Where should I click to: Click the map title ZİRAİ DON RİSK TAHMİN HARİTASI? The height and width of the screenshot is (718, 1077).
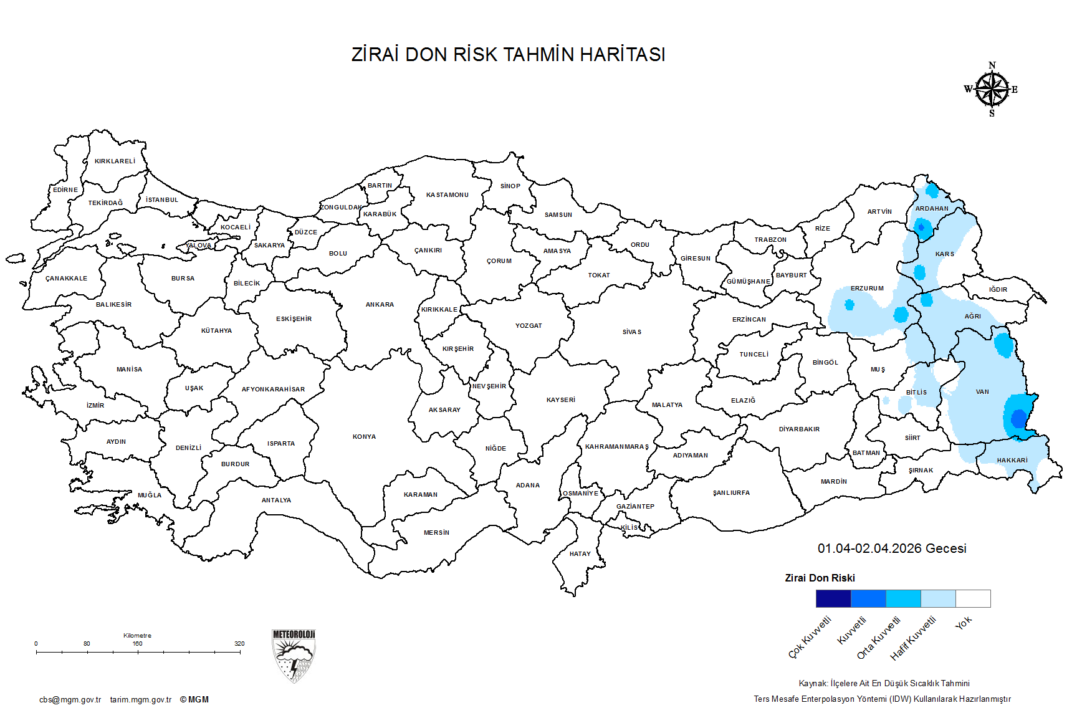pyautogui.click(x=508, y=55)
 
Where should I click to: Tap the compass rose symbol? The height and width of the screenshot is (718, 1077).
pyautogui.click(x=992, y=90)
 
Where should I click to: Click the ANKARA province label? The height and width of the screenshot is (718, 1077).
pyautogui.click(x=380, y=305)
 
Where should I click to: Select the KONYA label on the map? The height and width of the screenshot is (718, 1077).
pyautogui.click(x=364, y=437)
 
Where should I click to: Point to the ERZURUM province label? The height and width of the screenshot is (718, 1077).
pyautogui.click(x=867, y=289)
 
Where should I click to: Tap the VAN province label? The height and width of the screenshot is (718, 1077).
pyautogui.click(x=982, y=392)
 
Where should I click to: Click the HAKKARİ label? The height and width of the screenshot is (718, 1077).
pyautogui.click(x=1012, y=461)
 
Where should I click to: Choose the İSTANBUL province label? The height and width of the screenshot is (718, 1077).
pyautogui.click(x=162, y=200)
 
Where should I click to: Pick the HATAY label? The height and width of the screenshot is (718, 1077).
pyautogui.click(x=580, y=554)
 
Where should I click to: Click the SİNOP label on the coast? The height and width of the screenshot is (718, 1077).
pyautogui.click(x=510, y=186)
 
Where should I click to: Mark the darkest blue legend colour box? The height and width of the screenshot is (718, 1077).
pyautogui.click(x=833, y=599)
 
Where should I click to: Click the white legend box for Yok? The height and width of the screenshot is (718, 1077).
pyautogui.click(x=973, y=599)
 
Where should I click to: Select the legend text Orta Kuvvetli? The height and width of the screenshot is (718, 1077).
pyautogui.click(x=879, y=638)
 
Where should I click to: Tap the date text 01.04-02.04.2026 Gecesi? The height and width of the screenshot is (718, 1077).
pyautogui.click(x=892, y=548)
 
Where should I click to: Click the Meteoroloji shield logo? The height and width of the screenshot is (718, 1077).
pyautogui.click(x=294, y=656)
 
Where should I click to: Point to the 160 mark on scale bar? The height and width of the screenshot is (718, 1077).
pyautogui.click(x=138, y=644)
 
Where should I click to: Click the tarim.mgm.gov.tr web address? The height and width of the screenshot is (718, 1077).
pyautogui.click(x=141, y=700)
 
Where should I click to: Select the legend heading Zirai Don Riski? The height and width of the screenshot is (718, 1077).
pyautogui.click(x=820, y=578)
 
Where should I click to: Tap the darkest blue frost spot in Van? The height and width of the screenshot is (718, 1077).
pyautogui.click(x=1019, y=419)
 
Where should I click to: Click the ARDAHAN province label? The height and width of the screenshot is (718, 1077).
pyautogui.click(x=932, y=209)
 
